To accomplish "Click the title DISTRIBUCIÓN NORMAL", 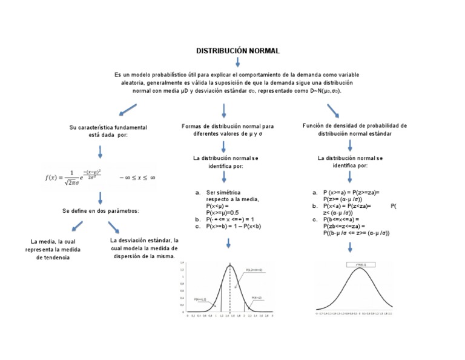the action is [238, 52].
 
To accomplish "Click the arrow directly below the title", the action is [238, 62].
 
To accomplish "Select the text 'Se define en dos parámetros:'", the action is [101, 211].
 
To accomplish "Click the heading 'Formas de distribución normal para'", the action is [228, 126].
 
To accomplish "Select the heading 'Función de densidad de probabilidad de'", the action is [354, 125].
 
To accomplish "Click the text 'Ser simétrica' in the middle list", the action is [225, 192].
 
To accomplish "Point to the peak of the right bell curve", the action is [359, 268].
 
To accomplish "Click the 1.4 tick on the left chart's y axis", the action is [182, 262].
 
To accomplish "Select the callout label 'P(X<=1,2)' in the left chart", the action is [200, 299].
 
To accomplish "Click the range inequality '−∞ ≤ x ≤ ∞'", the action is [137, 177].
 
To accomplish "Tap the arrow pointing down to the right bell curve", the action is [350, 247].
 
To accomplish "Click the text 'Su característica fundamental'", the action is [108, 127].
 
